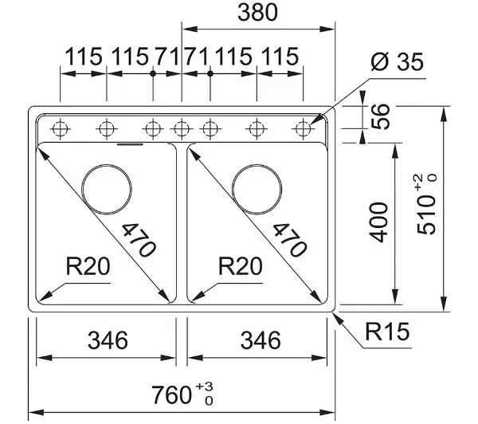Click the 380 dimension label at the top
[x=257, y=13]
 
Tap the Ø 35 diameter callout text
[x=398, y=61]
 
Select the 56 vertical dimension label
[x=381, y=116]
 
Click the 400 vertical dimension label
[x=378, y=222]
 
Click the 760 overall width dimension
[x=182, y=395]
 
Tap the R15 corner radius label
[x=387, y=332]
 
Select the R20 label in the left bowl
[x=88, y=266]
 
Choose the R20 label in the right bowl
[x=241, y=266]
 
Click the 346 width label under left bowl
[x=108, y=340]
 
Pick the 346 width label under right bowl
[x=261, y=340]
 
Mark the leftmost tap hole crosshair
[x=60, y=129]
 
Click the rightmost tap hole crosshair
[x=303, y=129]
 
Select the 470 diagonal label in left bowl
[x=139, y=240]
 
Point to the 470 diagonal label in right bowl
[x=289, y=240]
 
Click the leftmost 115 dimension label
[x=84, y=57]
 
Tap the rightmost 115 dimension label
[x=280, y=57]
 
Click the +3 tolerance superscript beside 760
[x=204, y=387]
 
